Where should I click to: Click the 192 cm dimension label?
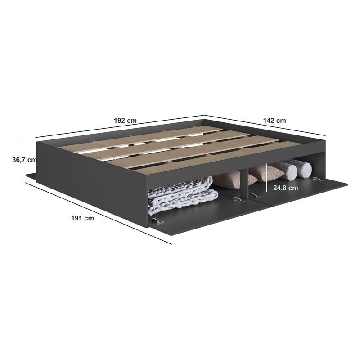pyautogui.click(x=125, y=121)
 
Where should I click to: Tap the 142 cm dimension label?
pyautogui.click(x=274, y=121)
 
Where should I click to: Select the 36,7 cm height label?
pyautogui.click(x=24, y=160)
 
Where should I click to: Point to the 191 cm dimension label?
pyautogui.click(x=83, y=218)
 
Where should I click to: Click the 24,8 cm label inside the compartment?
pyautogui.click(x=286, y=188)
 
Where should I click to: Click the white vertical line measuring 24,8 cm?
pyautogui.click(x=266, y=177)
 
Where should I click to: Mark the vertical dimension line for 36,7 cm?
pyautogui.click(x=22, y=162)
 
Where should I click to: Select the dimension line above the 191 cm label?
pyautogui.click(x=98, y=213)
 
